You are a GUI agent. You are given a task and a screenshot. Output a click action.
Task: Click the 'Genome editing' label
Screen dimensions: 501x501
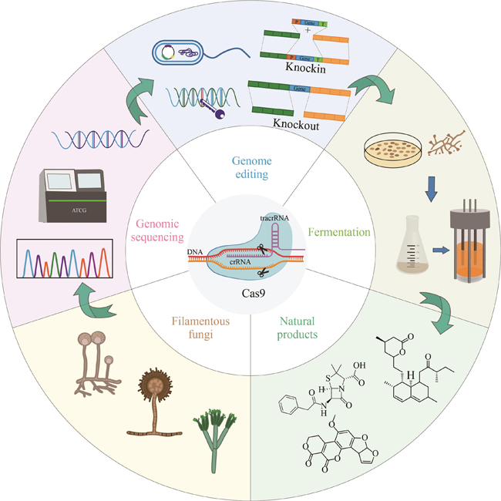(x=250, y=167)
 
